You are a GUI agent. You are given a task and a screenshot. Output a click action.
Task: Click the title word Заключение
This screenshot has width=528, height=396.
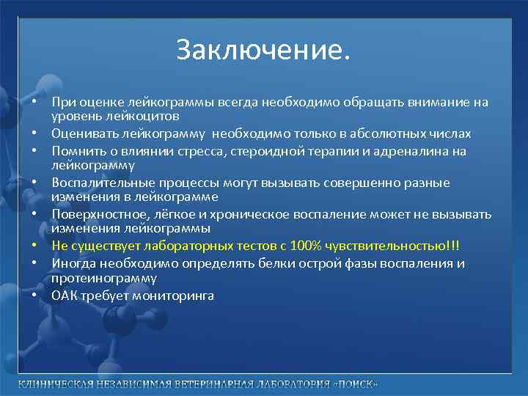pos(263,50)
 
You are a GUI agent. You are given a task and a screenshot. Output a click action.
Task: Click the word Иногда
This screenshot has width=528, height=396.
pos(72,263)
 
